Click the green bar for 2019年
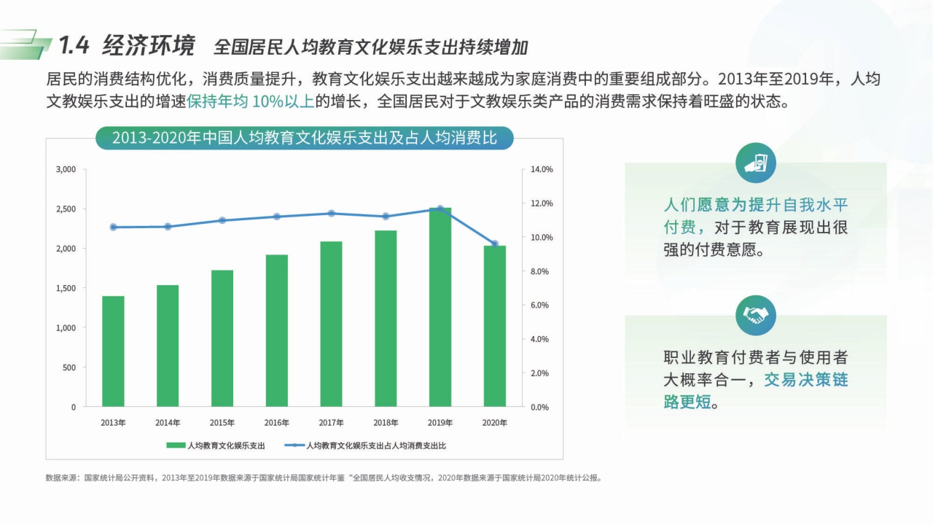pos(440,307)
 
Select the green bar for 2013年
pos(113,351)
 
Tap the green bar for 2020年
pos(494,326)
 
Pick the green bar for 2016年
pos(276,330)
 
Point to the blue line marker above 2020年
pos(494,244)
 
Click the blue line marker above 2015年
pos(222,220)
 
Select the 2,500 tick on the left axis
pos(66,209)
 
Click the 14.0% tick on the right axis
pos(542,169)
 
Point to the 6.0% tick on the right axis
pos(540,306)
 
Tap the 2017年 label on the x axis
pos(331,423)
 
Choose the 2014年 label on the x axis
pos(168,423)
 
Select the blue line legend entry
pos(365,445)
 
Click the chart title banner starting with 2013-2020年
pos(305,138)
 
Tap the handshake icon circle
pos(756,316)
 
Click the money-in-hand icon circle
pos(756,163)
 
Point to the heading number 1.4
pos(74,47)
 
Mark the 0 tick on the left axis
pos(73,407)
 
